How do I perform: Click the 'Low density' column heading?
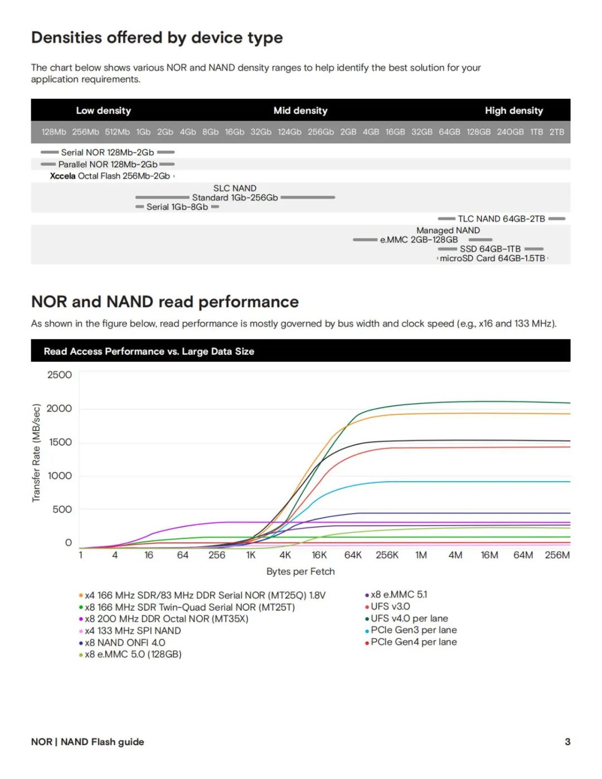pyautogui.click(x=103, y=110)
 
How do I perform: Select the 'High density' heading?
pyautogui.click(x=513, y=110)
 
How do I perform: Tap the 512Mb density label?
pyautogui.click(x=117, y=132)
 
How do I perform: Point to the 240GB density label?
pyautogui.click(x=510, y=132)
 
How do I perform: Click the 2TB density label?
pyautogui.click(x=556, y=132)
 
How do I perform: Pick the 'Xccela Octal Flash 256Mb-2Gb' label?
pyautogui.click(x=110, y=176)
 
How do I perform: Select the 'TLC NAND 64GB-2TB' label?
pyautogui.click(x=501, y=219)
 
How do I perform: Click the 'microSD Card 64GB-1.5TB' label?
pyautogui.click(x=492, y=258)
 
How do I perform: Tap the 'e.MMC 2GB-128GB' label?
pyautogui.click(x=419, y=240)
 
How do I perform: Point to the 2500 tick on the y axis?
pyautogui.click(x=60, y=375)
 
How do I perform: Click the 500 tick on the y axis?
pyautogui.click(x=62, y=509)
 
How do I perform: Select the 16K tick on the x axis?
pyautogui.click(x=319, y=555)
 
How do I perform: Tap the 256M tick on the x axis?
pyautogui.click(x=557, y=555)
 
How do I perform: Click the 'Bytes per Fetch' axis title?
pyautogui.click(x=300, y=572)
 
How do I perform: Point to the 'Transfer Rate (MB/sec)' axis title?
pyautogui.click(x=36, y=453)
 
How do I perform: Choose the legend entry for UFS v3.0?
pyautogui.click(x=390, y=606)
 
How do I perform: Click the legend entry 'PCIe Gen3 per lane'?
pyautogui.click(x=414, y=630)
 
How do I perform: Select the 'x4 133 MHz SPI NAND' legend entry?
pyautogui.click(x=133, y=631)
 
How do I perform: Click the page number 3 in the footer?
pyautogui.click(x=567, y=742)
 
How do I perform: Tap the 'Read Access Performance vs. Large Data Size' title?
pyautogui.click(x=149, y=351)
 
